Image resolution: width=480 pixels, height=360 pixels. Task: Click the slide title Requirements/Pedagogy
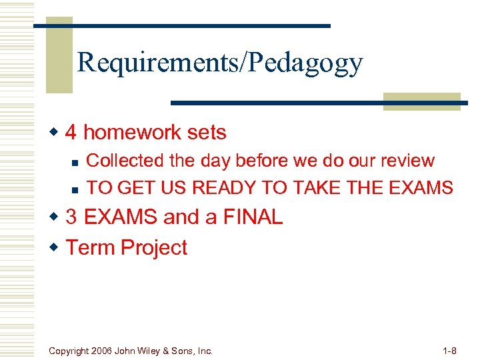[x=220, y=63]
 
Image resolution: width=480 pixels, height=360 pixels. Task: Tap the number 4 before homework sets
[x=71, y=133]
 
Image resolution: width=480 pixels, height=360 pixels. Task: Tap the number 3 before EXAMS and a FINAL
[x=71, y=217]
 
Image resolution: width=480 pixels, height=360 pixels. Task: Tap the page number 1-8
[x=449, y=351]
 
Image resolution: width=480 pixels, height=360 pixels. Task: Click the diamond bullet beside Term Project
[x=56, y=248]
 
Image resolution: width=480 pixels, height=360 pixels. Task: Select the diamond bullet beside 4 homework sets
[x=56, y=133]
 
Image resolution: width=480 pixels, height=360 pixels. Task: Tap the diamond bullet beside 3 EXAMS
[x=56, y=217]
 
